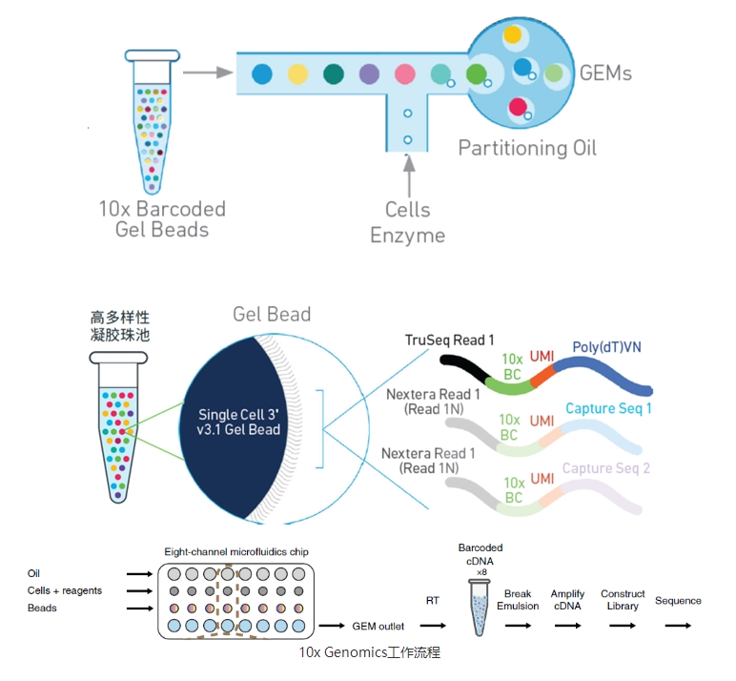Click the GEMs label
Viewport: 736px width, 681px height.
tap(605, 73)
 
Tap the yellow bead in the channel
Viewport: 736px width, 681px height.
tap(297, 73)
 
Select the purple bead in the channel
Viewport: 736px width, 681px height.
tap(369, 73)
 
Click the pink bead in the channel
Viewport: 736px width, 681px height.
tap(405, 73)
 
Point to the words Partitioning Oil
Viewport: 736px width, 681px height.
tap(527, 149)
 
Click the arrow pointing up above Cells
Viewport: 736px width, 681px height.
tap(409, 175)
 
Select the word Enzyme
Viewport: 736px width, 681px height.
tap(407, 236)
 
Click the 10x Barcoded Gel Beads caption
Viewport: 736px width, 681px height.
tap(162, 219)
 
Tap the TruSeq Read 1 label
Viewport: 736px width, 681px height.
tap(450, 340)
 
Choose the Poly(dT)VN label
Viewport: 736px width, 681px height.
tap(607, 347)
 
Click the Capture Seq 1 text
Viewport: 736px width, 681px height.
tap(608, 408)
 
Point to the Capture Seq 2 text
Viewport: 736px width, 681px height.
tap(606, 468)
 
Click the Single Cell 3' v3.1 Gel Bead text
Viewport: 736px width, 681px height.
tap(238, 422)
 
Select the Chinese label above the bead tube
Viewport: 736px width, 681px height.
tap(120, 326)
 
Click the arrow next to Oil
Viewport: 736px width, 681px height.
tap(139, 574)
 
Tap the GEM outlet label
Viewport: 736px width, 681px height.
tap(378, 626)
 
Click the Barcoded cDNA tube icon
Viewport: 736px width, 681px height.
tap(480, 608)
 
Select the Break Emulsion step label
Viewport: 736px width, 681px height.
tap(518, 600)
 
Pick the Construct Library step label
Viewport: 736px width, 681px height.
tap(623, 600)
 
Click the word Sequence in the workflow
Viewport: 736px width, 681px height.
tap(678, 601)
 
